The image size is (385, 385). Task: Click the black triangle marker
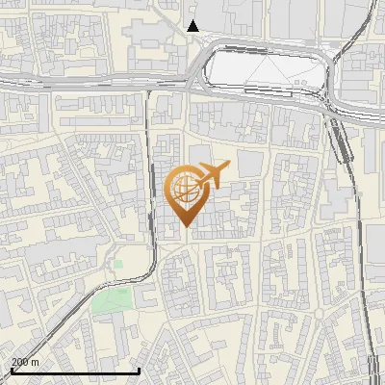(193, 26)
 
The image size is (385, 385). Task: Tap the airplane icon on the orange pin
(210, 174)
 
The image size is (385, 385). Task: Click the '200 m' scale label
(25, 362)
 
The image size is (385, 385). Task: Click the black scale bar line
(75, 371)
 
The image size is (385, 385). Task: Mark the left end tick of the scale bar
(11, 370)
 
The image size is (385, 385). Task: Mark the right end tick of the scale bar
(140, 370)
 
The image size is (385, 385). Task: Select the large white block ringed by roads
(260, 68)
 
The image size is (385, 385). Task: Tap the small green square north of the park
(118, 262)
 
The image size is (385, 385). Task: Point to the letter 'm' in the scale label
(36, 362)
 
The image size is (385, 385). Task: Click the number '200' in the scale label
(20, 362)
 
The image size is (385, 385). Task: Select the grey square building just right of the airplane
(248, 165)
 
